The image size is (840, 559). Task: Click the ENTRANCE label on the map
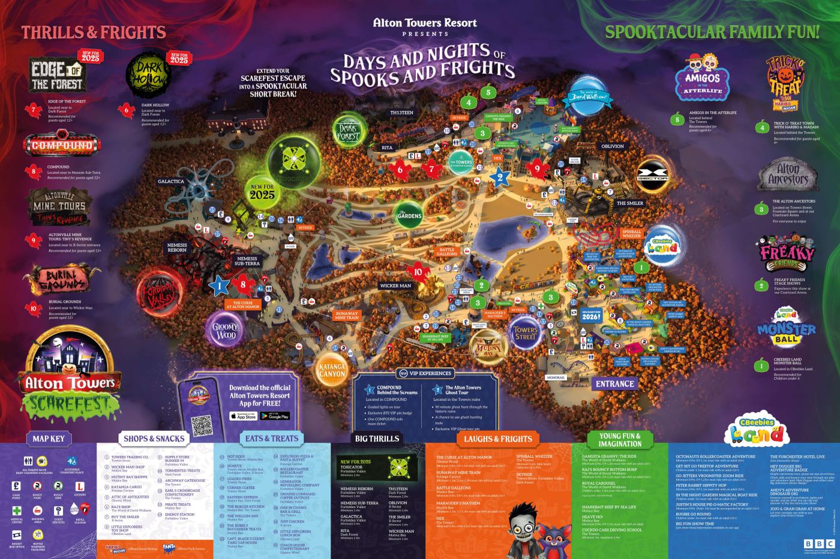tap(614, 383)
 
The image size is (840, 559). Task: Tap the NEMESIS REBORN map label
tap(178, 247)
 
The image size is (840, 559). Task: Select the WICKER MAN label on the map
tap(396, 286)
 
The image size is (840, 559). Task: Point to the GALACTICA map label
tap(171, 181)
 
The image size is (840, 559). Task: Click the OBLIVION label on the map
tap(613, 146)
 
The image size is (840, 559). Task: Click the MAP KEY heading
tap(49, 439)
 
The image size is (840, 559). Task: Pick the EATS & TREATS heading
tap(272, 439)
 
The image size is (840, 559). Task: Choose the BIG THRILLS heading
tap(377, 439)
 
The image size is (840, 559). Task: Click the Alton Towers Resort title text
tap(425, 23)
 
